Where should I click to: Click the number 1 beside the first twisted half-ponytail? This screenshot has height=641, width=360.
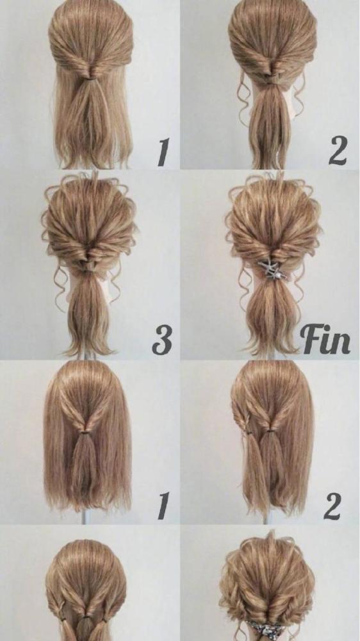coord(164,152)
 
